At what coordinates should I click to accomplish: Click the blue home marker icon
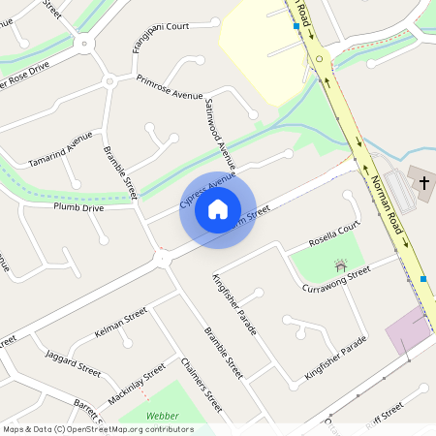click(218, 209)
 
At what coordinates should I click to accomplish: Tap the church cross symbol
click(423, 181)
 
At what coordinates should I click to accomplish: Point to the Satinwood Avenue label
click(220, 133)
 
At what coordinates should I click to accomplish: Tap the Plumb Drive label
click(78, 207)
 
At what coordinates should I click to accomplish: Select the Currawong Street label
click(336, 274)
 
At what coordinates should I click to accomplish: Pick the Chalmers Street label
click(202, 385)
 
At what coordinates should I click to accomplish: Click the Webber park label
click(162, 416)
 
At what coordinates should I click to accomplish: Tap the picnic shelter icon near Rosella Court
click(340, 263)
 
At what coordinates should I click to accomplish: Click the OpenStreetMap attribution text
click(98, 428)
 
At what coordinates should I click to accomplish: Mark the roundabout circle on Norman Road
click(319, 58)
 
